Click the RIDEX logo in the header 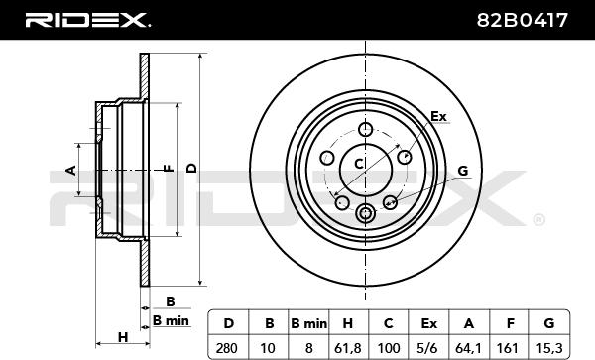click(87, 20)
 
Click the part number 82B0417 click(523, 20)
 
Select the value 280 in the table click(226, 348)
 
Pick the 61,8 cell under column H click(348, 348)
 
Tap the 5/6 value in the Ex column click(428, 348)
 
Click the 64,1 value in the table click(468, 348)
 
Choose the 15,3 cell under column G click(549, 348)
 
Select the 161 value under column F click(508, 348)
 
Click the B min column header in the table click(308, 323)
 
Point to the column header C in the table click(388, 323)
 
